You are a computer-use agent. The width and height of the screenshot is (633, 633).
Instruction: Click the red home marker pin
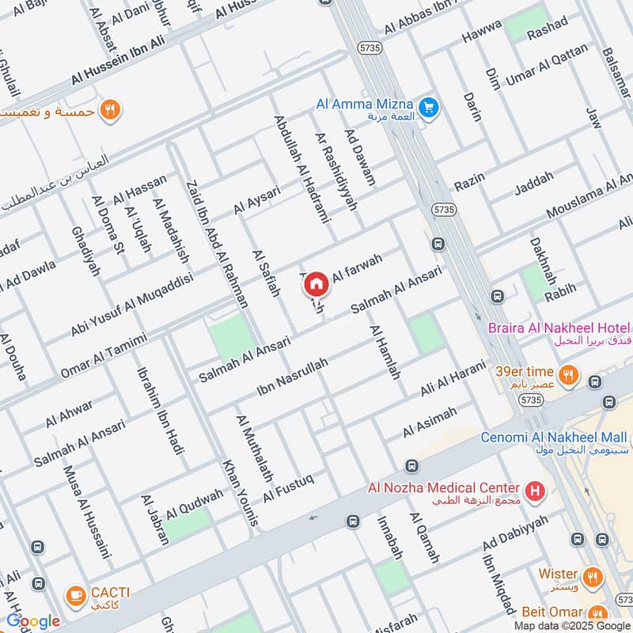(316, 283)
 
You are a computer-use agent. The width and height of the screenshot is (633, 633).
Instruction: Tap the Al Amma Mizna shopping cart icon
(429, 107)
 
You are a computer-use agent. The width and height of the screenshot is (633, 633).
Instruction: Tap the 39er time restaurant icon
(567, 374)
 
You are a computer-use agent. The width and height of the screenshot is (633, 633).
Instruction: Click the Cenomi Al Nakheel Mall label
(554, 438)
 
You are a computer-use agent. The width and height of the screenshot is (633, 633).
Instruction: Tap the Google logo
(32, 622)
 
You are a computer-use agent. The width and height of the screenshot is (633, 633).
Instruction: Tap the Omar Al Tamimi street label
(104, 354)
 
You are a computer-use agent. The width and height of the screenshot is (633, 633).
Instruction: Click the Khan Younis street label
(241, 492)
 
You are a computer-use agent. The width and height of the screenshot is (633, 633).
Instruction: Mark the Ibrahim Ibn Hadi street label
(161, 411)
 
